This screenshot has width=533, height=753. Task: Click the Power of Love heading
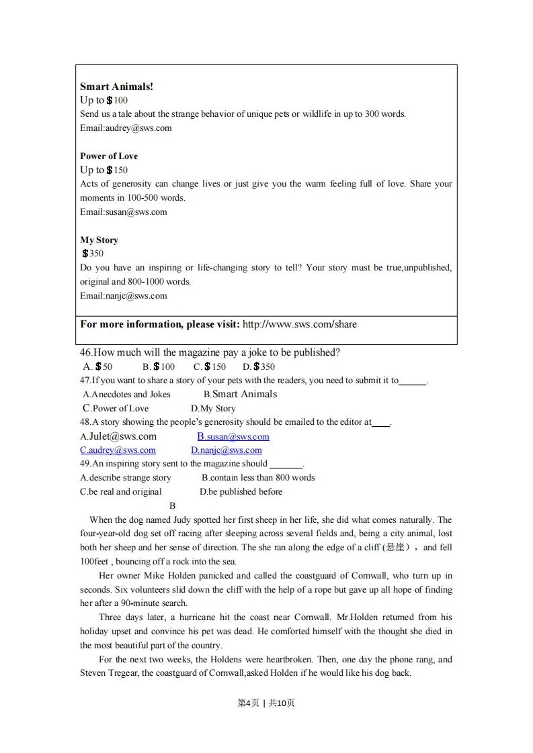[109, 156]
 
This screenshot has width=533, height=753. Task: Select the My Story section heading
[99, 240]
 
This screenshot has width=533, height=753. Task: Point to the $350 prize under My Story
[93, 254]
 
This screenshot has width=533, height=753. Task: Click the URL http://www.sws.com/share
[299, 324]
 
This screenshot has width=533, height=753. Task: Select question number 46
[86, 352]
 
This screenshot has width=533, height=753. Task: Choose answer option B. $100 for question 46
[158, 366]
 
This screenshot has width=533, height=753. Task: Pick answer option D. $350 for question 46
[259, 366]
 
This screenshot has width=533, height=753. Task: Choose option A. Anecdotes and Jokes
[126, 395]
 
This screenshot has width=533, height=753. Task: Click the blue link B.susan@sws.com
[233, 436]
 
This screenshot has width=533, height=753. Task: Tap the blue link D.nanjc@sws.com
[226, 450]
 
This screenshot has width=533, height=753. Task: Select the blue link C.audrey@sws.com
[118, 450]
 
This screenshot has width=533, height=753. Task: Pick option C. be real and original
[121, 492]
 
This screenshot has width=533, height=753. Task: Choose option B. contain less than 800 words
[258, 478]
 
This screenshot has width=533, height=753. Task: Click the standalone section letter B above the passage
[172, 506]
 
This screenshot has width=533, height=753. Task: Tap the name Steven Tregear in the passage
[110, 673]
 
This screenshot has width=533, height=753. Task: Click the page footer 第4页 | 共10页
[266, 703]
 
